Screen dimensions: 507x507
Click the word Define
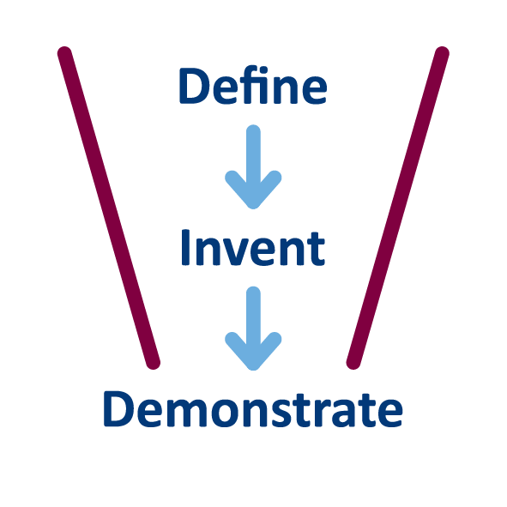click(x=253, y=86)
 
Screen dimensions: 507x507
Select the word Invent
click(x=253, y=247)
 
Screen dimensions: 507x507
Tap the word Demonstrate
click(x=253, y=409)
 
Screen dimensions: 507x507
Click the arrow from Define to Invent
click(x=253, y=166)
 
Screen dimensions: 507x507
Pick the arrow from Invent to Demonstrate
click(x=253, y=329)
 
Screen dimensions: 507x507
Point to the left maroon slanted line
click(x=109, y=208)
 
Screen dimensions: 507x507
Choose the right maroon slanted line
click(x=398, y=208)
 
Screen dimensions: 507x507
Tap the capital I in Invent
click(x=185, y=247)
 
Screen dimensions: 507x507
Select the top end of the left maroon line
click(x=64, y=53)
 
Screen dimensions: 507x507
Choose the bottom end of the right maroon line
click(x=353, y=363)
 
